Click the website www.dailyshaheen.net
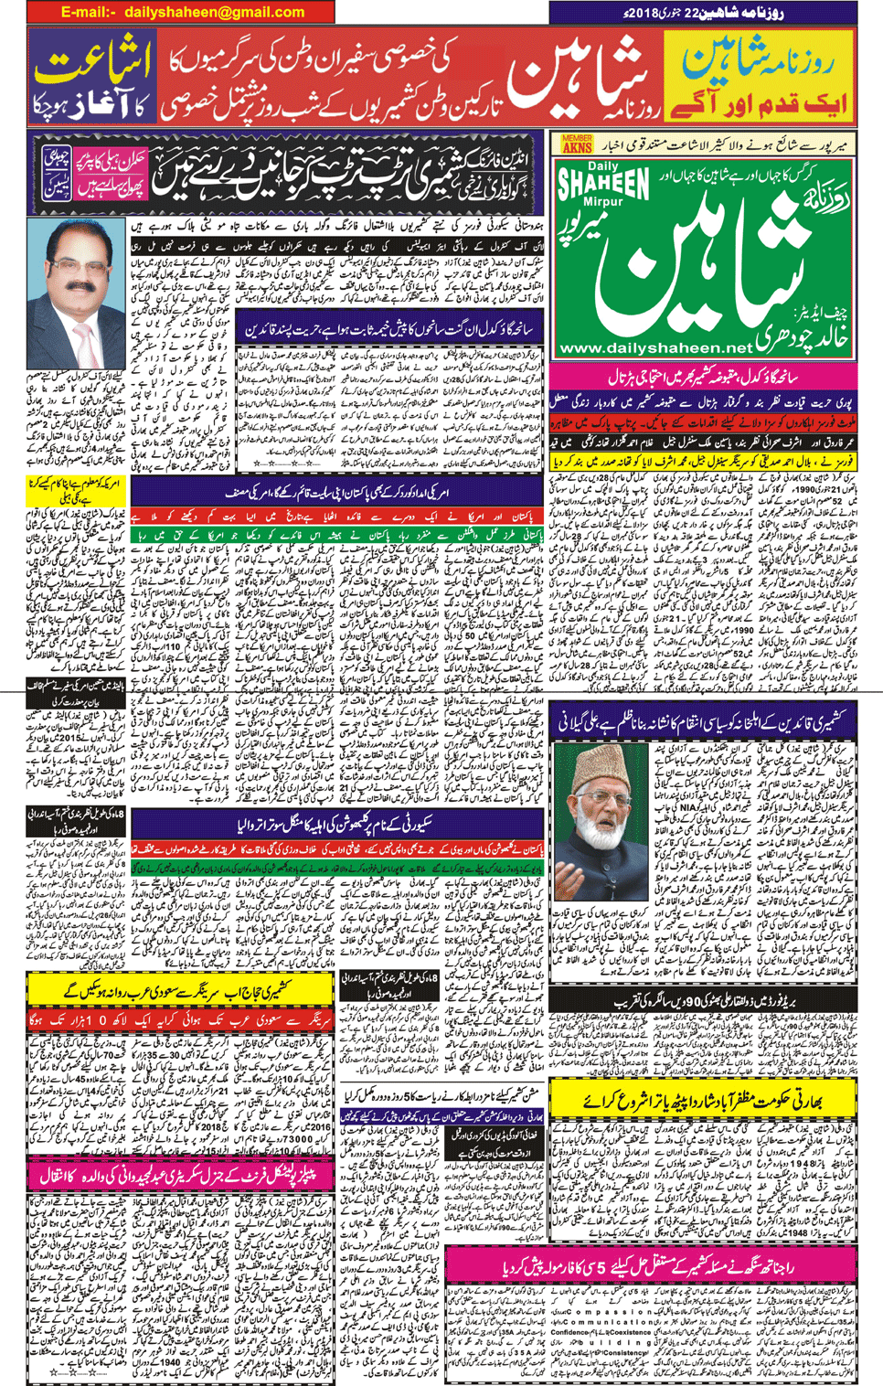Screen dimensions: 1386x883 click(654, 348)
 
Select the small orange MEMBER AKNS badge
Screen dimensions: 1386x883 click(577, 143)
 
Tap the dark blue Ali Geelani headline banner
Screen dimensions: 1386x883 click(704, 722)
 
